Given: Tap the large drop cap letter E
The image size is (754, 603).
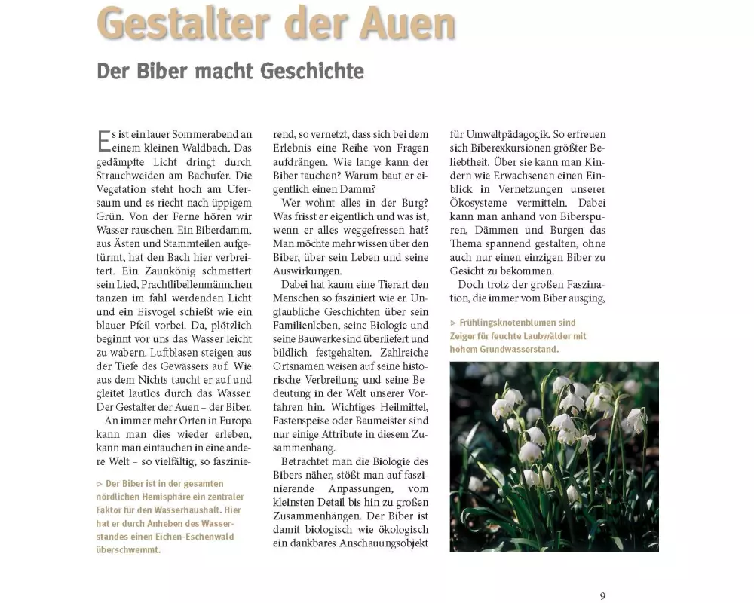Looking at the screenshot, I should click(x=104, y=140).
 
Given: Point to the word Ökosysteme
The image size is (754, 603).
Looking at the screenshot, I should click(x=486, y=203).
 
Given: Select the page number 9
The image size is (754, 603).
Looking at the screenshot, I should click(x=602, y=595).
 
